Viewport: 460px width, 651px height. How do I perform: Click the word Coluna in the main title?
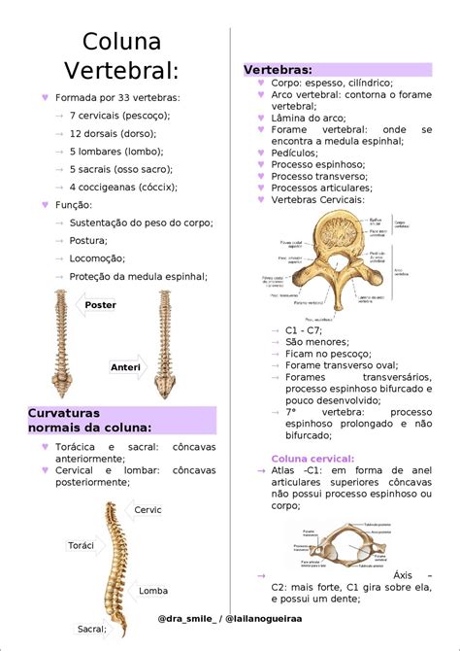pyautogui.click(x=121, y=41)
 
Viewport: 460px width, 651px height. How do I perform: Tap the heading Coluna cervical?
pyautogui.click(x=312, y=458)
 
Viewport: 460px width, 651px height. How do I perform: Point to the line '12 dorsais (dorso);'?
pyautogui.click(x=114, y=133)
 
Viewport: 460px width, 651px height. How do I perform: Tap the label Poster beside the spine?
pyautogui.click(x=100, y=305)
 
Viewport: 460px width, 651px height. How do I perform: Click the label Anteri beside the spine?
pyautogui.click(x=125, y=367)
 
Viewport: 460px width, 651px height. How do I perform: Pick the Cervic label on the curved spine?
pyautogui.click(x=148, y=510)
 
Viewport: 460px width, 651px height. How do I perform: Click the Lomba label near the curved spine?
pyautogui.click(x=153, y=590)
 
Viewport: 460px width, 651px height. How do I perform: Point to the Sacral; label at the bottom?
pyautogui.click(x=92, y=629)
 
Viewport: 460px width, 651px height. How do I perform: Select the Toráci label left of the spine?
pyautogui.click(x=82, y=545)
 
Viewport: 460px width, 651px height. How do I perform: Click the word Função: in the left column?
pyautogui.click(x=74, y=204)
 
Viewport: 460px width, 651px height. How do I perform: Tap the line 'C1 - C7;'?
pyautogui.click(x=304, y=330)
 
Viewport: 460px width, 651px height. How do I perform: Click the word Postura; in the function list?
pyautogui.click(x=89, y=240)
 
